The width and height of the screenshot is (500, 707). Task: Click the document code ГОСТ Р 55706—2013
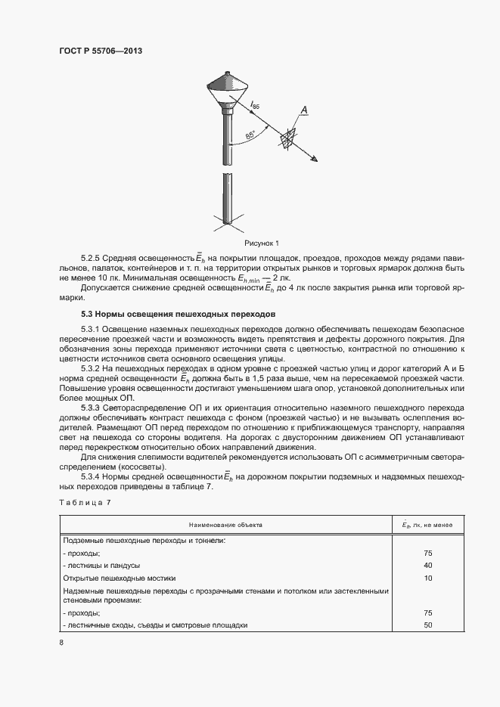(101, 51)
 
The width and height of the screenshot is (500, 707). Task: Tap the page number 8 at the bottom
(61, 643)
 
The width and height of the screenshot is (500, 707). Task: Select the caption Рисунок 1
(262, 243)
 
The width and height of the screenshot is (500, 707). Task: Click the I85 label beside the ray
(255, 107)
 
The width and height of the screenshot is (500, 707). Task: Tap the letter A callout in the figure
(304, 111)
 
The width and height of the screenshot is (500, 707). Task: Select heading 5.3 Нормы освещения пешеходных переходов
(179, 313)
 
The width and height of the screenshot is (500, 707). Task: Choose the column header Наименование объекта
(227, 525)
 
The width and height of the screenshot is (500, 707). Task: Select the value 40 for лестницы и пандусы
(427, 565)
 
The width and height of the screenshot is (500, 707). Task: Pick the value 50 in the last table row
(427, 625)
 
